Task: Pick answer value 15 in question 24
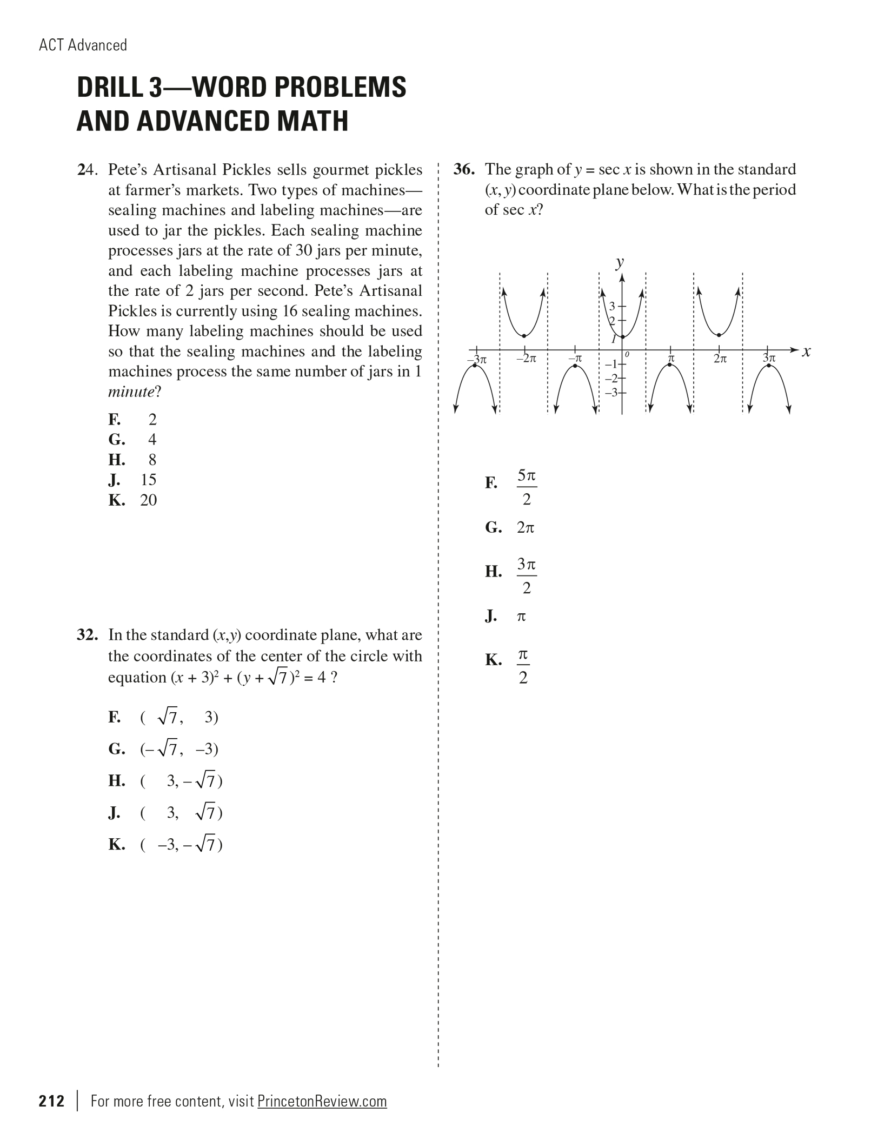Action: coord(148,480)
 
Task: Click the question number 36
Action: coord(464,170)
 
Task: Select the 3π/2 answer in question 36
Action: coord(527,575)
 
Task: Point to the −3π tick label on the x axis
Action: coord(477,359)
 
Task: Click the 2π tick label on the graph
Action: coord(720,359)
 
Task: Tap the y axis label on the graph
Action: coord(620,262)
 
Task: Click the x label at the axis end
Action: coord(806,352)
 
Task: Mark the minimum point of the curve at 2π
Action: coord(719,335)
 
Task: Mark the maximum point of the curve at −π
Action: coord(575,366)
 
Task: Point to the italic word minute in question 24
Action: coord(131,392)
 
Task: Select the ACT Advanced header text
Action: coord(83,45)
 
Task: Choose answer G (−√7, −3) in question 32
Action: coord(179,750)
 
